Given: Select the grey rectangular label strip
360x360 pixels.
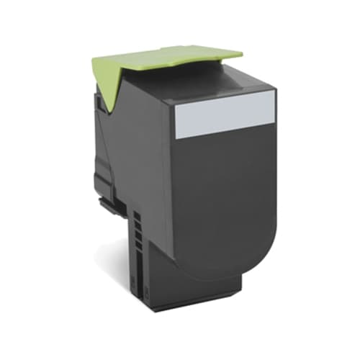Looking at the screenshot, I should (x=225, y=115).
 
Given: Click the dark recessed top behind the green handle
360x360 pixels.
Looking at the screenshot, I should (x=238, y=72).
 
